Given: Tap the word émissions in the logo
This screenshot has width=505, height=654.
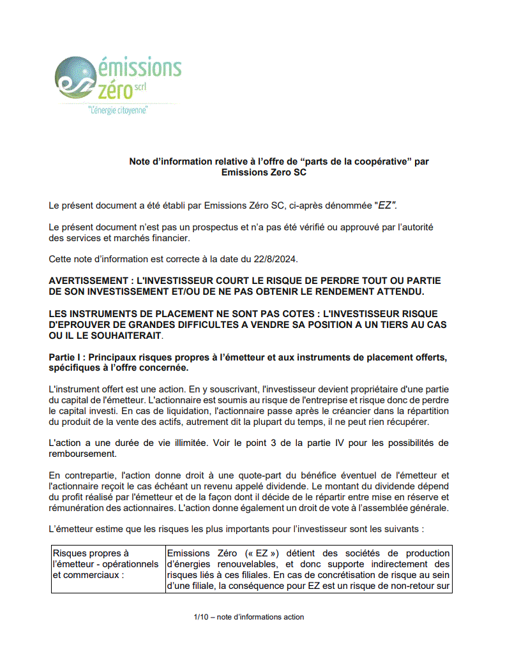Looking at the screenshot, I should [x=139, y=67].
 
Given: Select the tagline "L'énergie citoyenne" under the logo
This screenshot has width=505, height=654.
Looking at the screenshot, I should [x=118, y=110].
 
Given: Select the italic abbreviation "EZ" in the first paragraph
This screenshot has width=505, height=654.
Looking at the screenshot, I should [x=386, y=205].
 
